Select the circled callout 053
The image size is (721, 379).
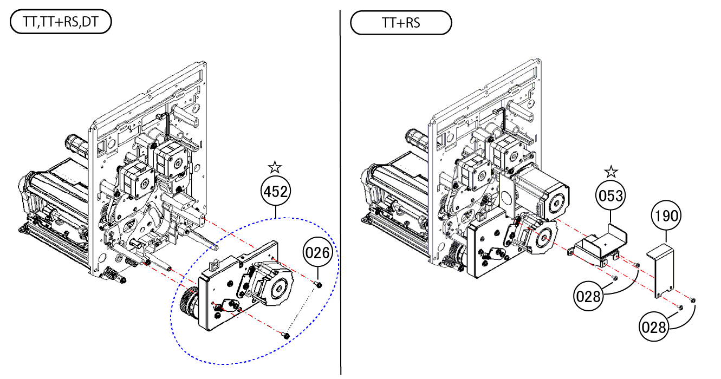tap(611, 196)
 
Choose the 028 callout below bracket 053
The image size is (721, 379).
tap(589, 296)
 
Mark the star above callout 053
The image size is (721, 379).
tap(611, 172)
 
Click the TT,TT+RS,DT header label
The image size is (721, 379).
tap(61, 23)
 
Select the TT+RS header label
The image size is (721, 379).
tap(401, 23)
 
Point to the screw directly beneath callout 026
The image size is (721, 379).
tap(319, 284)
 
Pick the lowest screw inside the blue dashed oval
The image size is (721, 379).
tap(285, 336)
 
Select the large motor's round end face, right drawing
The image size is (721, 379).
tap(555, 199)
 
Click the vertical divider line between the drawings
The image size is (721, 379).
tap(341, 190)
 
